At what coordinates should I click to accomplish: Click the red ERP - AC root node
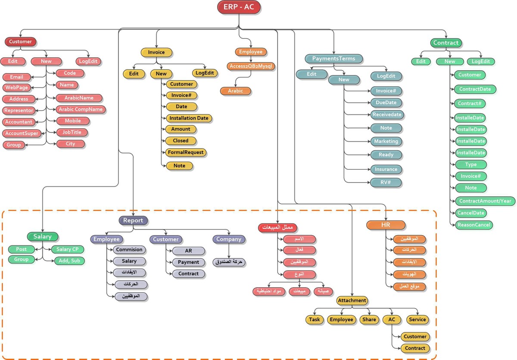click(x=239, y=7)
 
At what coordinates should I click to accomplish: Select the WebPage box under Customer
click(x=17, y=87)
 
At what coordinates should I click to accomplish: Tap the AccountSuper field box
click(x=22, y=133)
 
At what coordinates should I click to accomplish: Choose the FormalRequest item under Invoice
click(x=186, y=152)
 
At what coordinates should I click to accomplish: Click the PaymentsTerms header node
click(x=334, y=59)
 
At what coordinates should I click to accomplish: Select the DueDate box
click(x=386, y=103)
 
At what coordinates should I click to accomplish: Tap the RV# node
click(x=386, y=183)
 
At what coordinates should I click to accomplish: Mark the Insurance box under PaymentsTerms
click(x=386, y=169)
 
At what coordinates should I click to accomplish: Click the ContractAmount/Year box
click(x=485, y=201)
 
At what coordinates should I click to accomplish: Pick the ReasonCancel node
click(x=473, y=225)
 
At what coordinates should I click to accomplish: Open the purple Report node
click(x=133, y=220)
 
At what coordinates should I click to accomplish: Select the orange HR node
click(x=386, y=225)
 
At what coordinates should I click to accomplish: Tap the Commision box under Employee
click(x=129, y=250)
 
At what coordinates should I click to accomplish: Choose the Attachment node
click(x=352, y=301)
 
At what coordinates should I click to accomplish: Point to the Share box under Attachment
click(x=369, y=320)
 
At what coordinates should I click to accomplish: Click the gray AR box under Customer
click(x=188, y=251)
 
